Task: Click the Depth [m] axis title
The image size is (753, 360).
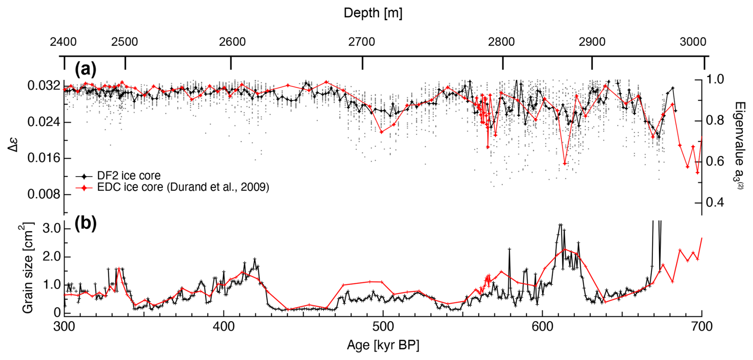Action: tap(373, 13)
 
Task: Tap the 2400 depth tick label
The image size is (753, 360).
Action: tap(63, 42)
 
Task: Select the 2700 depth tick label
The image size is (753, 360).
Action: tap(361, 42)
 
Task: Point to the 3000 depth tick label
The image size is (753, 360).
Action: tap(693, 42)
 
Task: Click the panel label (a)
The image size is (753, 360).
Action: tap(86, 70)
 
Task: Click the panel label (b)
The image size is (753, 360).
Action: tap(86, 224)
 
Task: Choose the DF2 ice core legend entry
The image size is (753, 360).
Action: tap(129, 175)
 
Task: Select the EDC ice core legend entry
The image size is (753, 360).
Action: tap(183, 187)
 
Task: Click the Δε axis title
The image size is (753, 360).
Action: tap(14, 145)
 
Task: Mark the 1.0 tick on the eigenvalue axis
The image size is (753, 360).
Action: tap(715, 79)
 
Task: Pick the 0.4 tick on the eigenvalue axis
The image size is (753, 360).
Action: tap(715, 202)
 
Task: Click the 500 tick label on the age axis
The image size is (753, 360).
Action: tap(383, 327)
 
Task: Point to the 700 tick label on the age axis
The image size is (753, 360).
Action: tap(701, 327)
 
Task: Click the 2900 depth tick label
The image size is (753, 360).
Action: tap(592, 42)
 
